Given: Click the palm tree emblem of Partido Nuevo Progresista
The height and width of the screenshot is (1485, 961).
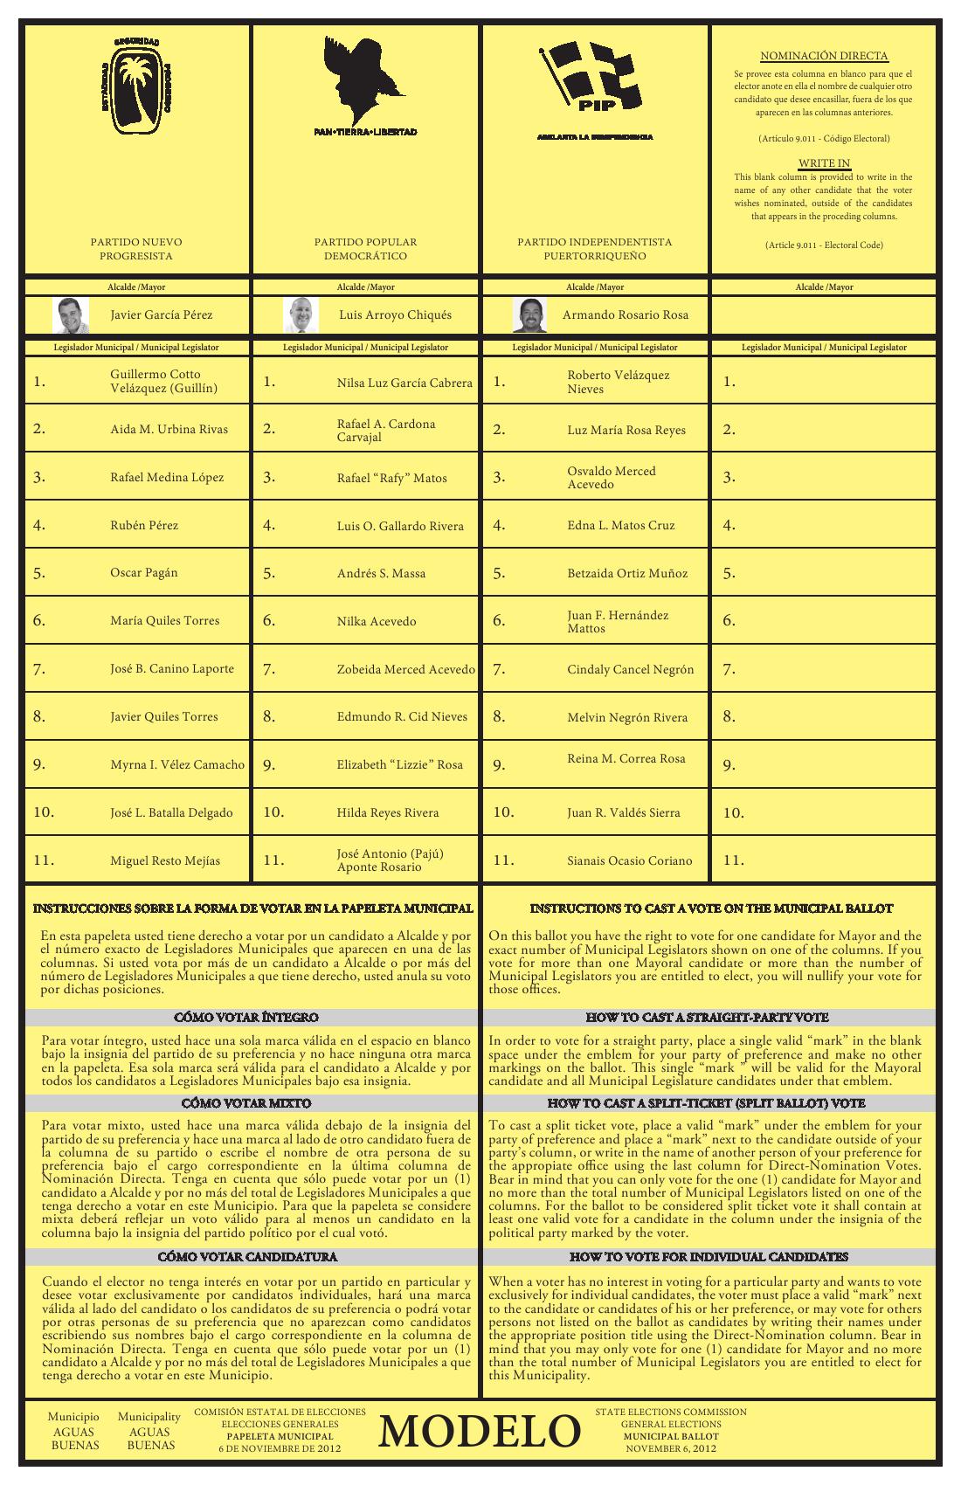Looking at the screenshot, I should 137,87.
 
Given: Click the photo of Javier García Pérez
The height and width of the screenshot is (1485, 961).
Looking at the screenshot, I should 71,315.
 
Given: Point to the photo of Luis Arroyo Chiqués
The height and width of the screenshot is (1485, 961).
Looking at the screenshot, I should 301,315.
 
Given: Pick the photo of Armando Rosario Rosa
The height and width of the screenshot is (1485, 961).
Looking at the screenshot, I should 529,315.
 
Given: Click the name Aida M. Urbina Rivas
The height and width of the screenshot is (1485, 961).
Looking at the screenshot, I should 169,429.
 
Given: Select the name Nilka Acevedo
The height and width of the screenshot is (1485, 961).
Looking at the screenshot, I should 377,621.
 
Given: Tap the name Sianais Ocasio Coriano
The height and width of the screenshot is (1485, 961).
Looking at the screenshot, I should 629,860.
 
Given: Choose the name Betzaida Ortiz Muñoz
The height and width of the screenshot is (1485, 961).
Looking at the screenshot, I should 627,573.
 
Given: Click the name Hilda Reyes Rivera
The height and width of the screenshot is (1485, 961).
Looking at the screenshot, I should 388,812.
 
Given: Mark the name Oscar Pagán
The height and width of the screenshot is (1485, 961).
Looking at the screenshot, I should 144,573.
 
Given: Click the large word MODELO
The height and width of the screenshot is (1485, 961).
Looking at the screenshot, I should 480,1432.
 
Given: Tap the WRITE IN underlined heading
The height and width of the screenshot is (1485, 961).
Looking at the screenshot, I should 824,163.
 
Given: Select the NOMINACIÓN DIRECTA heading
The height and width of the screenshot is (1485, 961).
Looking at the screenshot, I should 824,56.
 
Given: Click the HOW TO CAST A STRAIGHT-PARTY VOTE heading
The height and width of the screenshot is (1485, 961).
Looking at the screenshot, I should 707,1018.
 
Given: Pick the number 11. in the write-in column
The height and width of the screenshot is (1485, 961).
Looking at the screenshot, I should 735,860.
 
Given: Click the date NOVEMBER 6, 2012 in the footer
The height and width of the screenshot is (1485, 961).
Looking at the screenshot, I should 671,1448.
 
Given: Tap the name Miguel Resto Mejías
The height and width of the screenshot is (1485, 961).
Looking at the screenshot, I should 165,860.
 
